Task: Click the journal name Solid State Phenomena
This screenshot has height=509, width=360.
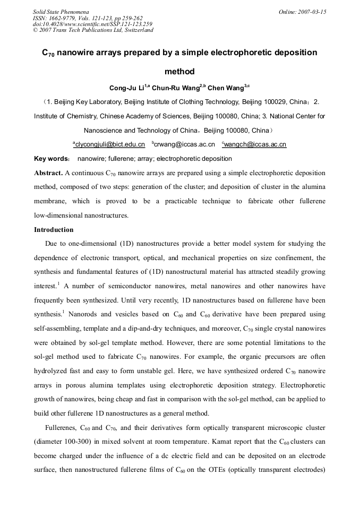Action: coord(61,11)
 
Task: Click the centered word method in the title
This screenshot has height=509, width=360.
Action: coord(179,72)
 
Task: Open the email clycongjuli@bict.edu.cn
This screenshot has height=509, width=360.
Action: coord(110,144)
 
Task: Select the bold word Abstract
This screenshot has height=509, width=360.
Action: coord(48,173)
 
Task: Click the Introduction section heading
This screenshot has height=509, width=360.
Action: coord(54,230)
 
